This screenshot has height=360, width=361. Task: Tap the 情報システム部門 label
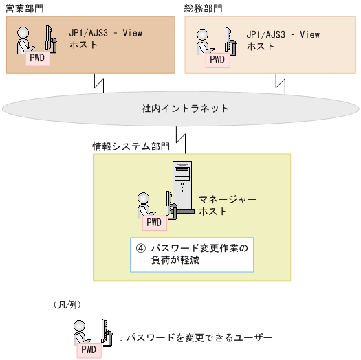point(131,146)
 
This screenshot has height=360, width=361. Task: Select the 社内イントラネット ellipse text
point(181,109)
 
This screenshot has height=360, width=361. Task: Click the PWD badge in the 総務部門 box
point(217,59)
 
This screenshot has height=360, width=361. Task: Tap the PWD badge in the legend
point(89,350)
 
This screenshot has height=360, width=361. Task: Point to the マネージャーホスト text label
point(227,205)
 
